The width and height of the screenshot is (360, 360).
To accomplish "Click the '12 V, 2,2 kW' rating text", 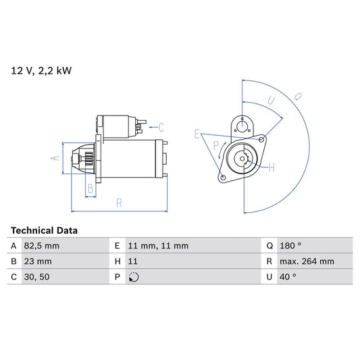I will [41, 70].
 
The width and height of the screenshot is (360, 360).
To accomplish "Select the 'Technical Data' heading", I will [44, 230].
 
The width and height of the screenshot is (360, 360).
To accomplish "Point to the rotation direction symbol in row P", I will [134, 277].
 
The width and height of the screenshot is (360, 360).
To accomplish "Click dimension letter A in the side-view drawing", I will [56, 159].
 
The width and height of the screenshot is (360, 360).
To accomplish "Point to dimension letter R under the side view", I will [118, 202].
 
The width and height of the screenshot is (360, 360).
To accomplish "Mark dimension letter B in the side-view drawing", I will [89, 188].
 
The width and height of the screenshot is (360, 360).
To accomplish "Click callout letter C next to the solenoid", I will [161, 126].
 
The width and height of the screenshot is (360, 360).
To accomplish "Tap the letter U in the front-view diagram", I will [271, 100].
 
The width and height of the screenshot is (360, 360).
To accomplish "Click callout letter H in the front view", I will [271, 167].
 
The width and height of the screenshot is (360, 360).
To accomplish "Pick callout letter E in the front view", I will [197, 134].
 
